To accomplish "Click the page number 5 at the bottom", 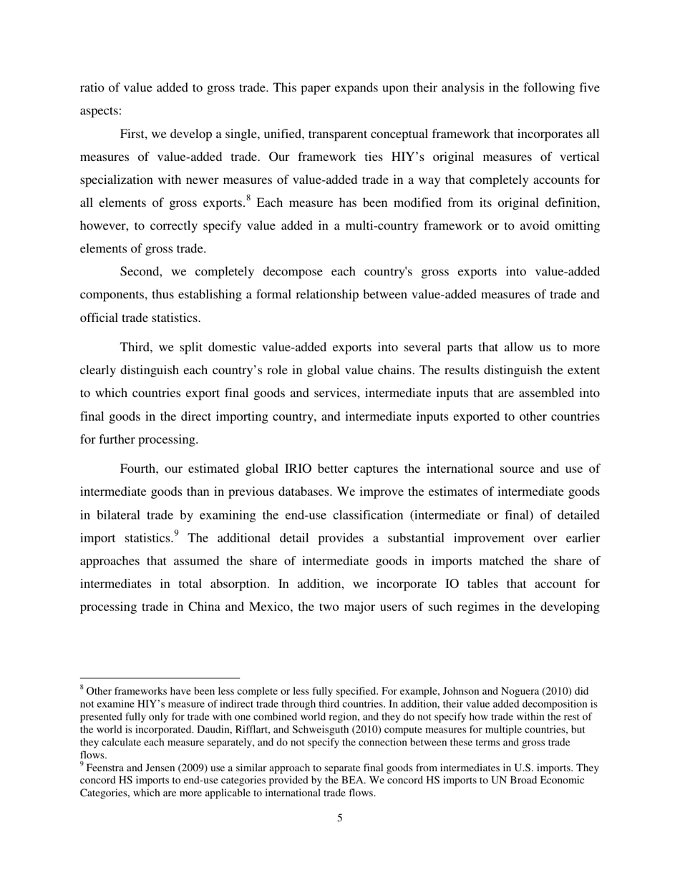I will coord(339,818).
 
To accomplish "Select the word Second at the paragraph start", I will coord(142,271).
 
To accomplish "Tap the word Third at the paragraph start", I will coord(136,348).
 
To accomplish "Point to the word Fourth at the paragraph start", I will coord(140,469).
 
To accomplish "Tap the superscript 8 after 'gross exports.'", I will coord(248,199).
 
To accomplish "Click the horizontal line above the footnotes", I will coord(159,678).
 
